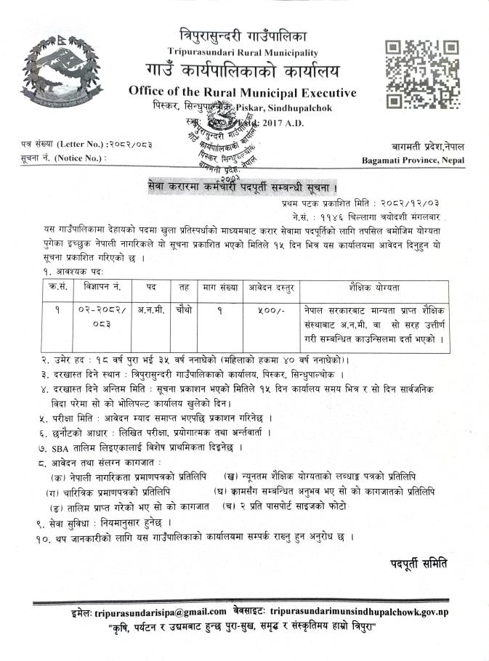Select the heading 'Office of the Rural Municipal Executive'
click(x=242, y=92)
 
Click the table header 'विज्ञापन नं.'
click(x=97, y=287)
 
